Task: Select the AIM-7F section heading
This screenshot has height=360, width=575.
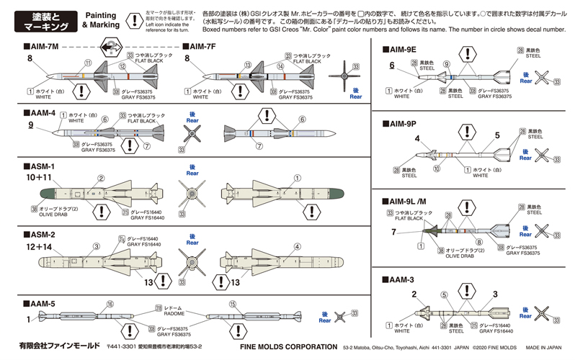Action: click(x=205, y=47)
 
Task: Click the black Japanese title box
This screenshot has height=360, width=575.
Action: click(x=42, y=21)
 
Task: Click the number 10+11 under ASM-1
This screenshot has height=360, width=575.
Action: click(x=38, y=177)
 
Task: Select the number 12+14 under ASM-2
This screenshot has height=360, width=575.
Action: click(x=38, y=247)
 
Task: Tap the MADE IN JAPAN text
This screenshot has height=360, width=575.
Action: click(x=542, y=347)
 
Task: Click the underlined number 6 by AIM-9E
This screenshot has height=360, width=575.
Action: click(x=393, y=66)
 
